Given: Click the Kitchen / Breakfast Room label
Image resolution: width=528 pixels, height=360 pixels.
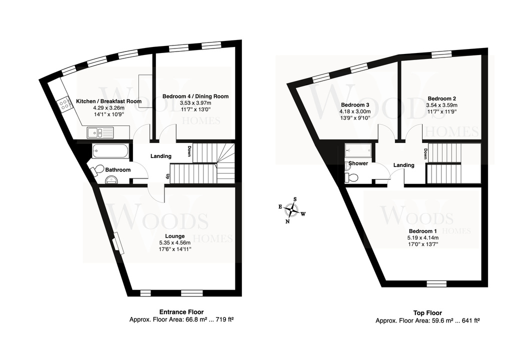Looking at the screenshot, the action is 109,101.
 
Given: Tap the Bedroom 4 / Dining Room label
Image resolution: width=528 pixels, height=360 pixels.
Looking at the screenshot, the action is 195,96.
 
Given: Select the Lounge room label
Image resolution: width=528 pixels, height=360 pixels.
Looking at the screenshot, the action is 175,236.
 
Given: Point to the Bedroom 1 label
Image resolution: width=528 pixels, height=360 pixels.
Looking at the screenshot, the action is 422,231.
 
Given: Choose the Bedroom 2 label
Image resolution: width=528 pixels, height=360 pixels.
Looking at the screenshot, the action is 441,98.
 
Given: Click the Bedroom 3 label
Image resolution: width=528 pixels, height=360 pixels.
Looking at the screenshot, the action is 355,104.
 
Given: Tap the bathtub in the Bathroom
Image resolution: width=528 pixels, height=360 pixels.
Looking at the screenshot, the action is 110,151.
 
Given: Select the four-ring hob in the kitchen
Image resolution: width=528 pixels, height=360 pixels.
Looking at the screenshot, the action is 64,104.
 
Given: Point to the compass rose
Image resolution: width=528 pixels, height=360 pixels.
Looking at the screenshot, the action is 291,210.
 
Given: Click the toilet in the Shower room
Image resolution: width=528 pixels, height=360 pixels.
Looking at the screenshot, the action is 350,176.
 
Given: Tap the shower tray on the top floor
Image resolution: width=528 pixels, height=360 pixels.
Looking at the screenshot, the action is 358,150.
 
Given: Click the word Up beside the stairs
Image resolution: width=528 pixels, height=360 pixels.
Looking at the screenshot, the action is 166,176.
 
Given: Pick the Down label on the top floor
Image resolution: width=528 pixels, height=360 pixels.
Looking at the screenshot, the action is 425,154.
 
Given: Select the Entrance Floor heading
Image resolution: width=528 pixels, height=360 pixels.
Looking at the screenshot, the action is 181,312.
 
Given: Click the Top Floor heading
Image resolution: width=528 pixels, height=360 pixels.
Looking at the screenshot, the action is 427,313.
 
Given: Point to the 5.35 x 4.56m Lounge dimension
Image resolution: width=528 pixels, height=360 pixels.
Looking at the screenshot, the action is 175,242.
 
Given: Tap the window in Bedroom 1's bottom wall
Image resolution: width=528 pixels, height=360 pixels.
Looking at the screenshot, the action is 436,283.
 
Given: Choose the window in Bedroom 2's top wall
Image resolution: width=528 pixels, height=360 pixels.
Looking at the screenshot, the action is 441,53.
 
